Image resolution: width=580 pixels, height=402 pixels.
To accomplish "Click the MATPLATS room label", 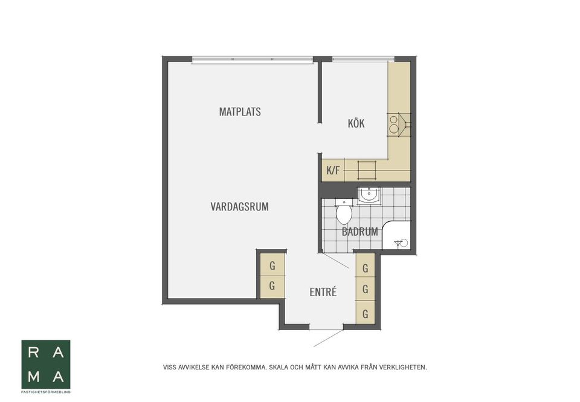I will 240,112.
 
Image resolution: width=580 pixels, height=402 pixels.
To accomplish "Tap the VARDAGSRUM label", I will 239,207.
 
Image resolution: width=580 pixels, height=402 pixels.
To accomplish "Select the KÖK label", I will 356,124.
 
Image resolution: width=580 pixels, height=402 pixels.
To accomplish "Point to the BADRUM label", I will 360,232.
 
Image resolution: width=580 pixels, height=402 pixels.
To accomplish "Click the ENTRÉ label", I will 323,293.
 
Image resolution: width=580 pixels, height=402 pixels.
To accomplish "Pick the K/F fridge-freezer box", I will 333,170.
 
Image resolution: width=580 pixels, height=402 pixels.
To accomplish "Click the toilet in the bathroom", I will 344,213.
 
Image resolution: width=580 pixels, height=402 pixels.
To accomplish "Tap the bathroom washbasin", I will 369,195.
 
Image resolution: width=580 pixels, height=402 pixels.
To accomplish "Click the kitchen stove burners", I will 394,124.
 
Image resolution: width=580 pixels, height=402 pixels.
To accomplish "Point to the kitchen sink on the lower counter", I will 367,170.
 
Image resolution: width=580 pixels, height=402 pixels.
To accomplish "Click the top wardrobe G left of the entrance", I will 272,265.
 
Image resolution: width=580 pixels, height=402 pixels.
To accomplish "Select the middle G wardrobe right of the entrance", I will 366,290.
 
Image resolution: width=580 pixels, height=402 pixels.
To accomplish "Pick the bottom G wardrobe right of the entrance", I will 366,314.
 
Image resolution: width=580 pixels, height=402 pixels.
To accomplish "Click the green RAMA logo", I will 46,365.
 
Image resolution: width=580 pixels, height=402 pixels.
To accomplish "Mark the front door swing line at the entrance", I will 328,339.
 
